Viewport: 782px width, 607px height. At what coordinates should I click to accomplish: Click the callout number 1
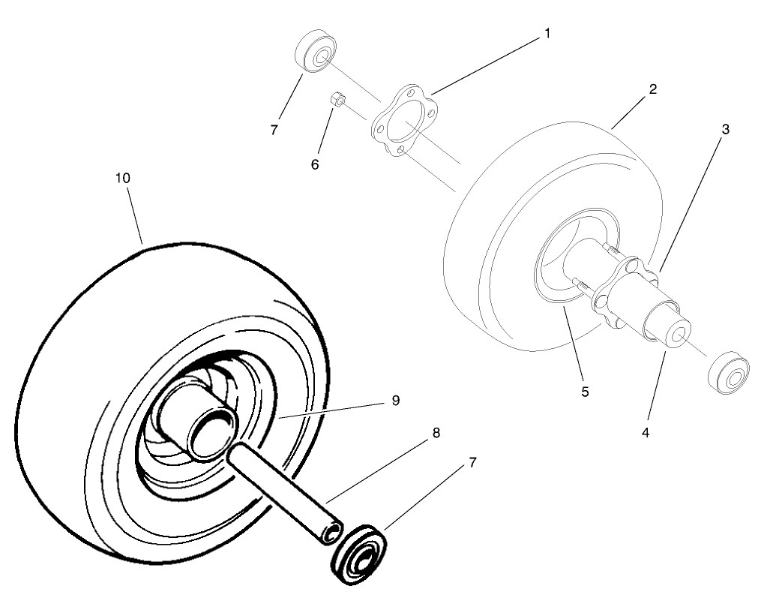[x=547, y=34]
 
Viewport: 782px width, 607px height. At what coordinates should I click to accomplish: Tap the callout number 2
[x=653, y=89]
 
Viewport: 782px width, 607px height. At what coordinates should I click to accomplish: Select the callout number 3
[x=725, y=129]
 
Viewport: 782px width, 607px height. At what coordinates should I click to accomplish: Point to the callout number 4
[x=646, y=433]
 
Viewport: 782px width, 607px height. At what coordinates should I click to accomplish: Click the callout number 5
[x=585, y=392]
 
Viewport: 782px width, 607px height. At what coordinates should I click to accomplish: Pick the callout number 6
[x=315, y=165]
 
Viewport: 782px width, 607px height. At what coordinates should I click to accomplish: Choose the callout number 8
[x=436, y=433]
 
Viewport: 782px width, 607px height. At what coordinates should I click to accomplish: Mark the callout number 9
[x=395, y=401]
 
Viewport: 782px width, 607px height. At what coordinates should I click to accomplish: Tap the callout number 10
[x=123, y=179]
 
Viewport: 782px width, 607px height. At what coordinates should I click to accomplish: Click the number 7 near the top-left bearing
[x=274, y=130]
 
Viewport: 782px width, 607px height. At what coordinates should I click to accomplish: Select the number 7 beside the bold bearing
[x=473, y=463]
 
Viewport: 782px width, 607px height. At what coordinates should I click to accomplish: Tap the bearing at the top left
[x=315, y=53]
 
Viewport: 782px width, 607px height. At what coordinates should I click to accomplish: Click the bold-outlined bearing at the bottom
[x=359, y=554]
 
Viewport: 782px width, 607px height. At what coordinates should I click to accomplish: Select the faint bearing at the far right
[x=729, y=374]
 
